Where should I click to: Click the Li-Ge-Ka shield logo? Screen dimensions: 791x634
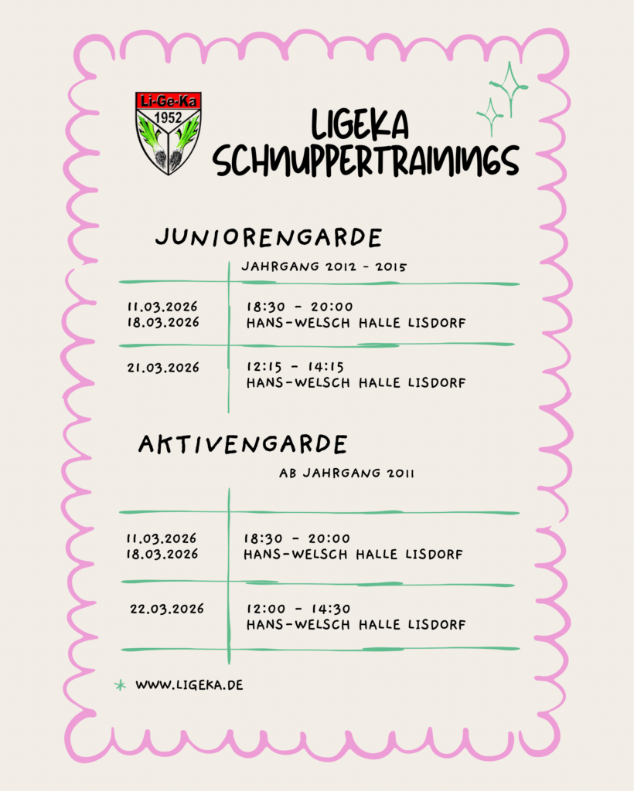coord(168,133)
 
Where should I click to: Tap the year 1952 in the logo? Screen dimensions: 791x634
coord(168,117)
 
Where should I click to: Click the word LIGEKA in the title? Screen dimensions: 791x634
coord(360,126)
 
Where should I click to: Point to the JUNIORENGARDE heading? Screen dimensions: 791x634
coord(268,237)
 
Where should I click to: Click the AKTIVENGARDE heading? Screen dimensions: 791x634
coord(243,444)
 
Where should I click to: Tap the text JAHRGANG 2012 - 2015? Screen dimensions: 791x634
coord(324,266)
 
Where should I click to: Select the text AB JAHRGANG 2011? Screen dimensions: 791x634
coord(346,474)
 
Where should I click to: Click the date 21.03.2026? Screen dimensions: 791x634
coord(163,368)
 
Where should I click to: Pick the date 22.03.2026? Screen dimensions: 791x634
coord(167,609)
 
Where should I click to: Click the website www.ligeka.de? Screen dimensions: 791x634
coord(189,684)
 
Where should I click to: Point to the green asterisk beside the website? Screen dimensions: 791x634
coord(120,684)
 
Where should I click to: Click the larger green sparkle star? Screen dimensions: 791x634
coord(509,88)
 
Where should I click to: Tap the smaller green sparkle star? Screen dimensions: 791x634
coord(489,117)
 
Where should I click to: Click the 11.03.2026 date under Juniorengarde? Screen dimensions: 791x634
coord(163,307)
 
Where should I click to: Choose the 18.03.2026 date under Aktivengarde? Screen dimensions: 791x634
coord(162,554)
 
